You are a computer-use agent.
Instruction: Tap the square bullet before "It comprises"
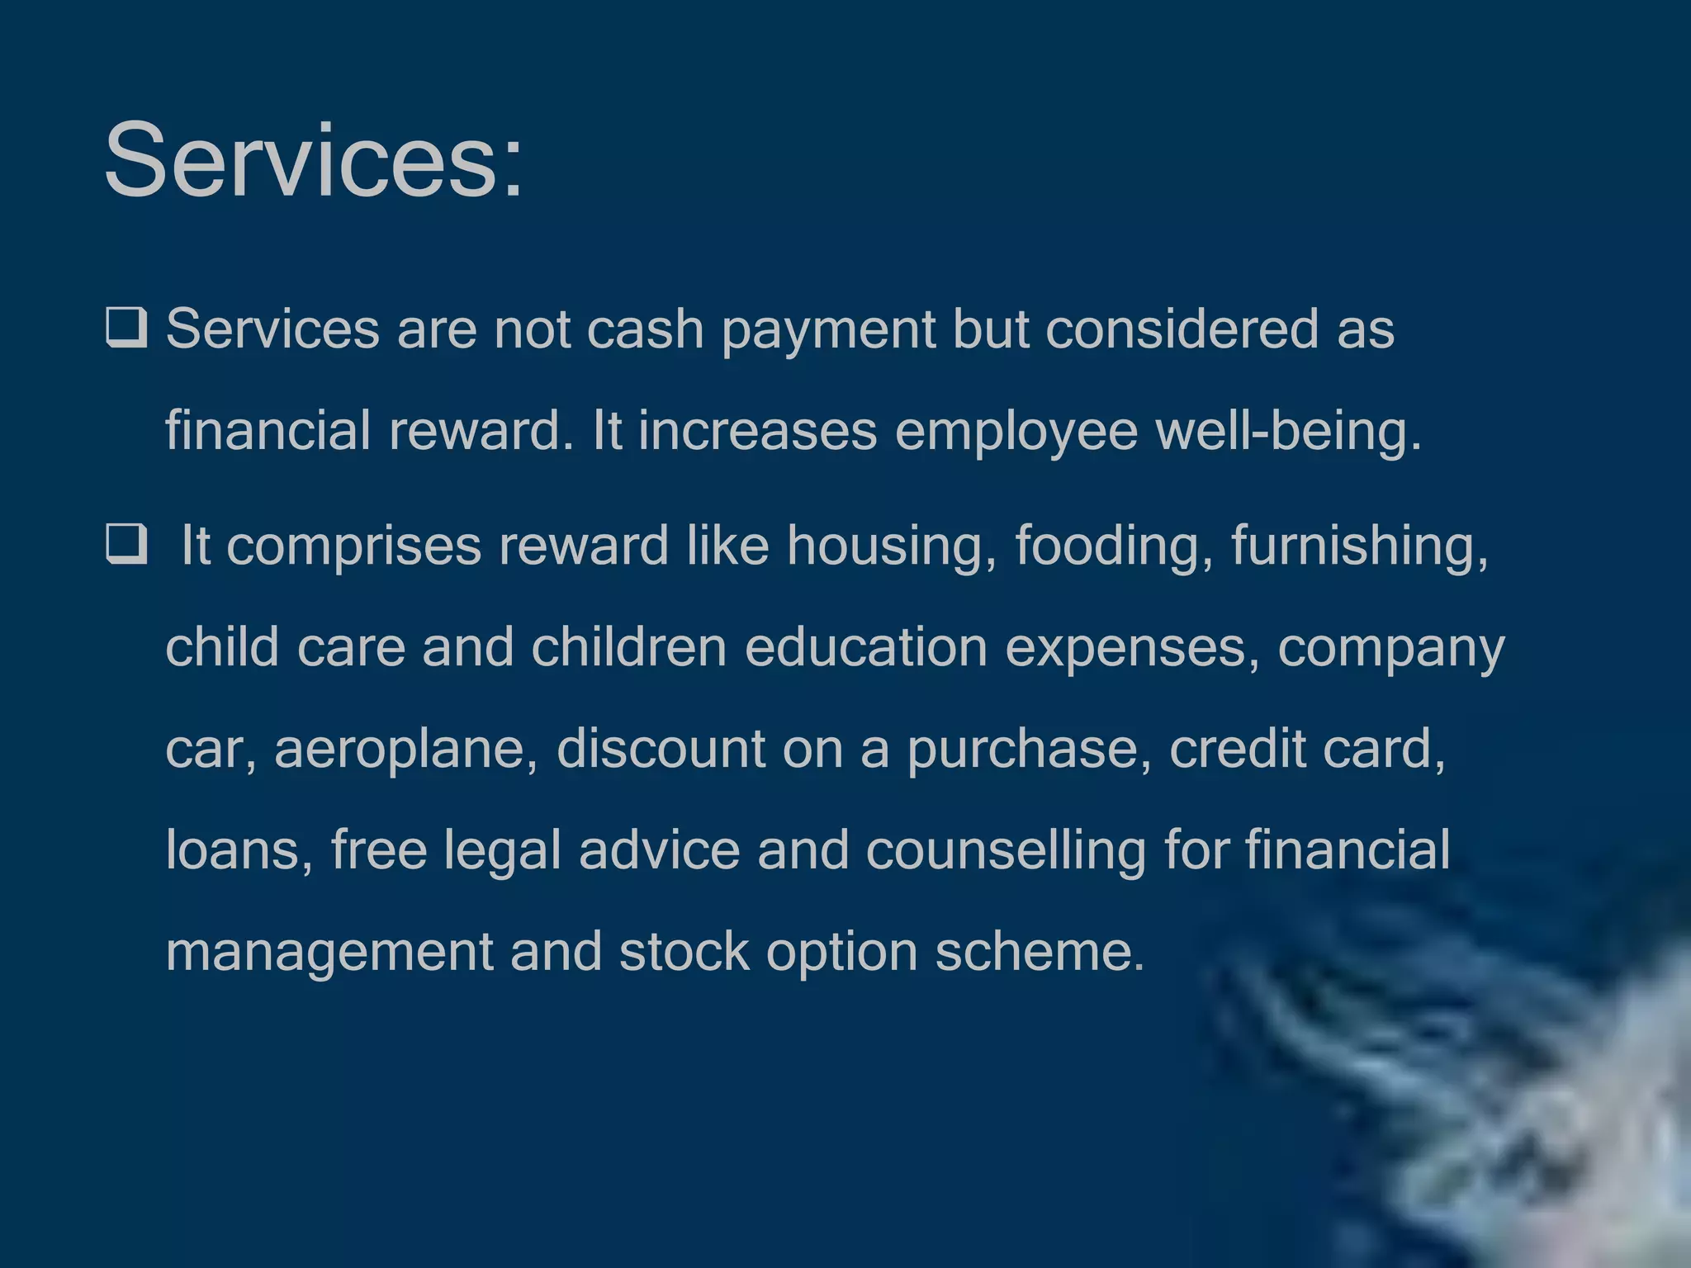pos(126,544)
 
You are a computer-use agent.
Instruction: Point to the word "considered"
pos(1182,329)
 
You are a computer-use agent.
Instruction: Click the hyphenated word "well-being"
pos(1287,432)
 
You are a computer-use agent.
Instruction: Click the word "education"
pos(866,646)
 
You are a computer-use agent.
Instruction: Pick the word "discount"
pos(661,748)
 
